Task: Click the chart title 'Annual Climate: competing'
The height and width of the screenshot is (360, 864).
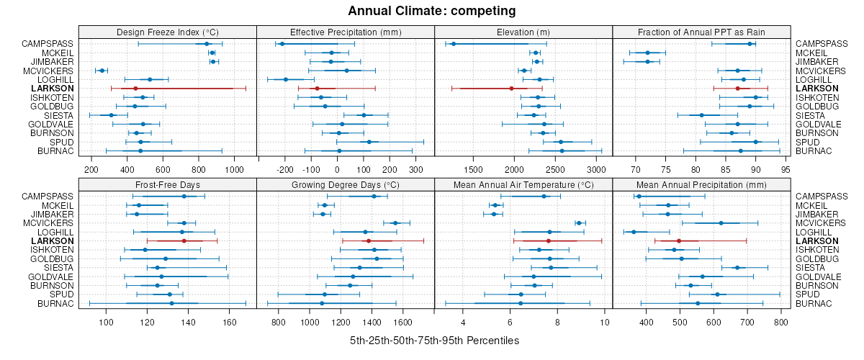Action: pyautogui.click(x=432, y=11)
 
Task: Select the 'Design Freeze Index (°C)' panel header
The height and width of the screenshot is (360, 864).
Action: pyautogui.click(x=167, y=32)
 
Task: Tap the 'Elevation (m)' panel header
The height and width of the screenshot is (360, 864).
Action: pyautogui.click(x=523, y=32)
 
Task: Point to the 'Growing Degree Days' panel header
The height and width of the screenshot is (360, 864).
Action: pyautogui.click(x=346, y=185)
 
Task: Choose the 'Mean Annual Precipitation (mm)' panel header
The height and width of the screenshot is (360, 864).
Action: pyautogui.click(x=701, y=185)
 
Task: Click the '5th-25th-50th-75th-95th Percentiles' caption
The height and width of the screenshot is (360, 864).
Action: pyautogui.click(x=434, y=340)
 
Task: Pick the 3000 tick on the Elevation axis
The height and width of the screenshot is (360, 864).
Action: pyautogui.click(x=595, y=169)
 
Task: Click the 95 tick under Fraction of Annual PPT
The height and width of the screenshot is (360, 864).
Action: pyautogui.click(x=786, y=169)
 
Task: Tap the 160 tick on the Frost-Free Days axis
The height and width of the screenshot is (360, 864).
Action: pyautogui.click(x=230, y=322)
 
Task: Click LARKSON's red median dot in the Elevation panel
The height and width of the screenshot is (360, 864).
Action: pyautogui.click(x=511, y=89)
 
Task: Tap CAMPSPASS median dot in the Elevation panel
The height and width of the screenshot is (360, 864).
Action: pyautogui.click(x=454, y=44)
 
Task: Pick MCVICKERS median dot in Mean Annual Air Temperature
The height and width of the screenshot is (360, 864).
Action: pyautogui.click(x=579, y=223)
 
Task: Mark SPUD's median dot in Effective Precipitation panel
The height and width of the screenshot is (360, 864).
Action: pyautogui.click(x=369, y=142)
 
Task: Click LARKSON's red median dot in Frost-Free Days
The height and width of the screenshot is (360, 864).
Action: pyautogui.click(x=184, y=241)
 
